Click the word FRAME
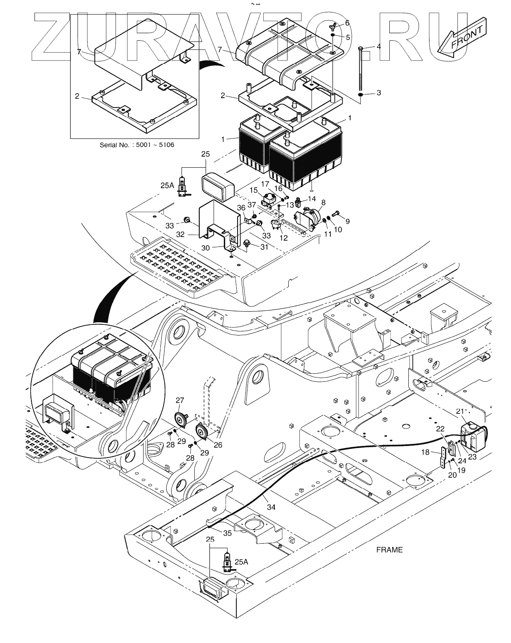389,549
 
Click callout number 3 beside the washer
379,93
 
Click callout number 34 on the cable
271,507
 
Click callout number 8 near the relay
323,202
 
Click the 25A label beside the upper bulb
167,185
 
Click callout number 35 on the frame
227,533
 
